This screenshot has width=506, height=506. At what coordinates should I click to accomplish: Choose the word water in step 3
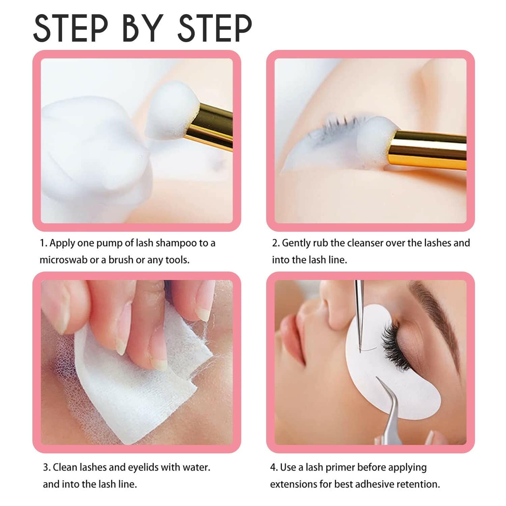tap(196, 468)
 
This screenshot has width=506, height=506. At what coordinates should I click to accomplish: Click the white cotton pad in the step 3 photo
tap(135, 398)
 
